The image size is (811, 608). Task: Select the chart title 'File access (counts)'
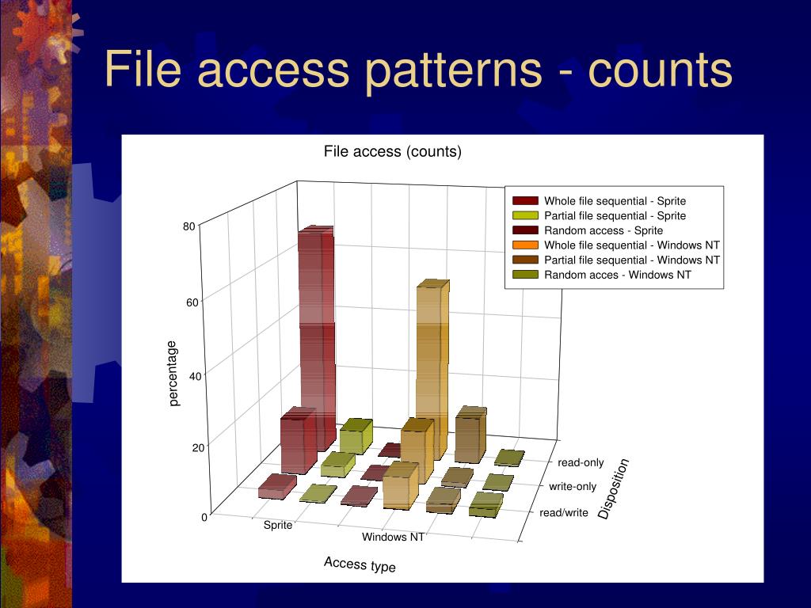[x=392, y=151]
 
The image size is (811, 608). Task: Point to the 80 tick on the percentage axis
[x=188, y=226]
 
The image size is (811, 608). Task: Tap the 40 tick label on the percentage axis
[x=195, y=376]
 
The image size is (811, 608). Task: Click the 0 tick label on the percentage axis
[x=204, y=517]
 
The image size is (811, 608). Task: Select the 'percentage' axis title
[x=174, y=373]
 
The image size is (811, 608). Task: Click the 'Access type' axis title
[x=360, y=564]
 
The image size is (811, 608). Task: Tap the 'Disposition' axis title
[x=613, y=488]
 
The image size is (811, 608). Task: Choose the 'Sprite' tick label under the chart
[x=278, y=525]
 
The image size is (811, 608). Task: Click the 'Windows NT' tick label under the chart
[x=393, y=537]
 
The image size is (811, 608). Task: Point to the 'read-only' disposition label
[x=581, y=462]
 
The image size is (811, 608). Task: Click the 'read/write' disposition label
[x=564, y=512]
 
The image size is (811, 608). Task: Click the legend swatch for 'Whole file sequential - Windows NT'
[x=525, y=245]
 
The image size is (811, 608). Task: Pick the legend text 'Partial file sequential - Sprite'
[x=615, y=215]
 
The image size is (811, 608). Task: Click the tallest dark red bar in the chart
[x=315, y=332]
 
